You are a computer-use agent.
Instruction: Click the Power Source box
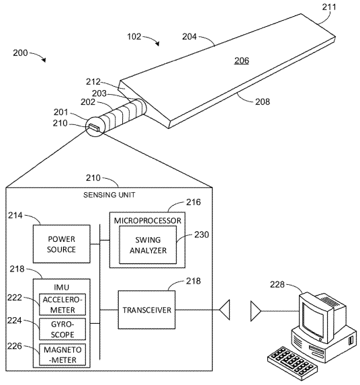point(62,244)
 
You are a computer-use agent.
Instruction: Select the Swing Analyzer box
point(148,245)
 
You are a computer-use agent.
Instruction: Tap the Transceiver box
point(146,310)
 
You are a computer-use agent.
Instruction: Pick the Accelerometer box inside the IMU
point(62,304)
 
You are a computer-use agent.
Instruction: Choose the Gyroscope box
point(62,329)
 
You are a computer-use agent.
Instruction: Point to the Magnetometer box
point(62,355)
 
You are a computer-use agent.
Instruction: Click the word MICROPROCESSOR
point(148,220)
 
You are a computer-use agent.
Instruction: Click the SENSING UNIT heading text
point(109,195)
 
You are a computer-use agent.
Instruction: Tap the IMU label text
point(61,287)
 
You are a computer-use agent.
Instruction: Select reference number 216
point(193,202)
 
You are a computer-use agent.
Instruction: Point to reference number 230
point(201,234)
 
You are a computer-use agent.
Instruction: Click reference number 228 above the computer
point(277,285)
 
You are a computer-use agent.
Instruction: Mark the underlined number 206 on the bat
point(242,60)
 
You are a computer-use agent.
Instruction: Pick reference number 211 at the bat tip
point(329,7)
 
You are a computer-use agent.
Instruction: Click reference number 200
point(20,53)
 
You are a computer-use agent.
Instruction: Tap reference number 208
point(263,101)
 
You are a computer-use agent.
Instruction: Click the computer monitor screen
point(312,318)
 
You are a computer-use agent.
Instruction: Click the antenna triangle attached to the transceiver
point(225,310)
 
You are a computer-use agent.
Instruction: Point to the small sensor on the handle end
point(94,128)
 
